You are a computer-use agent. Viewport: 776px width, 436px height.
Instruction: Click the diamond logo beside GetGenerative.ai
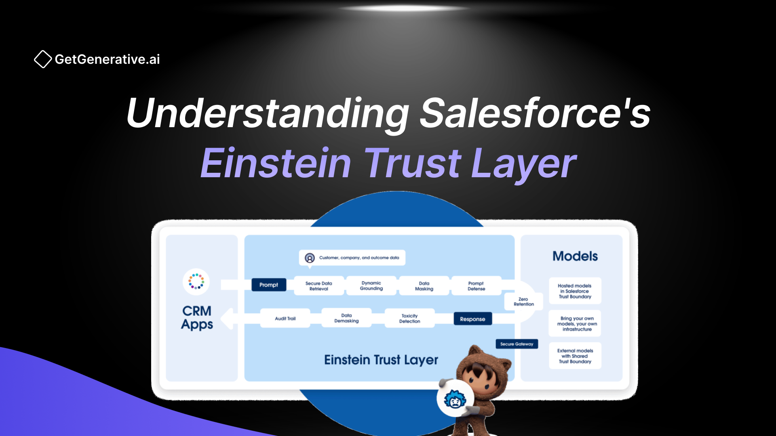coord(43,59)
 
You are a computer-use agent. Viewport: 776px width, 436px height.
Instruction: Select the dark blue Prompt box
coord(269,285)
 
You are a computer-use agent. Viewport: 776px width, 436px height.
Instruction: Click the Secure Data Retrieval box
coord(319,286)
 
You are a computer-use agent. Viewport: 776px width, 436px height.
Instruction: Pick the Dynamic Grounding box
coord(371,286)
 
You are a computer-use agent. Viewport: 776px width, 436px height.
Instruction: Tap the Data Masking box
coord(424,286)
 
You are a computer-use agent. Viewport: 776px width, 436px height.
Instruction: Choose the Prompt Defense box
coord(476,286)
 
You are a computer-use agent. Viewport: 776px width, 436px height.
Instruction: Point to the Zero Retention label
coord(524,302)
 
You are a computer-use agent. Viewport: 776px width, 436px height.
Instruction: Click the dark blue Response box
coord(472,319)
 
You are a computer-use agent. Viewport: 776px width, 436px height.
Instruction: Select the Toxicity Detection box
coord(410,319)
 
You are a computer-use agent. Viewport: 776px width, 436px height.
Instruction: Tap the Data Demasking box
coord(346,318)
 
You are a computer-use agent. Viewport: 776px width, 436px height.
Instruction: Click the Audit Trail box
coord(285,318)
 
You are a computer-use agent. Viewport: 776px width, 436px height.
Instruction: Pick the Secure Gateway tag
coord(517,344)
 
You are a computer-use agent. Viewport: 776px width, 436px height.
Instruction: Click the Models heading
coord(575,256)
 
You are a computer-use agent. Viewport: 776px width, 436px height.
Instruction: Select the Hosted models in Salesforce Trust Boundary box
coord(575,291)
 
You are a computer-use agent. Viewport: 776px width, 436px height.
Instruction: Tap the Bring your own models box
coord(575,323)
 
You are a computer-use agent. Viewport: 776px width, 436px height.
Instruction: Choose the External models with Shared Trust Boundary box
coord(575,356)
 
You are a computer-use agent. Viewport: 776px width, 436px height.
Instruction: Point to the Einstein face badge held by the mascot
coord(455,398)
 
